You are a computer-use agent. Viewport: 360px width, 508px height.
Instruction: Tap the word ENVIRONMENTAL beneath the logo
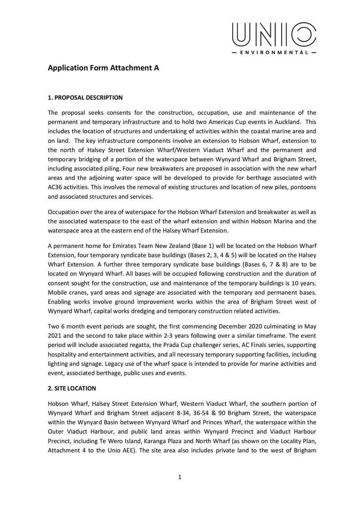pos(274,53)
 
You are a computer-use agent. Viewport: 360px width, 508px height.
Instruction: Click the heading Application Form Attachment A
pos(103,68)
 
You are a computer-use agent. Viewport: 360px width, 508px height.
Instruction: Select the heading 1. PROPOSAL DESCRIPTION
pos(85,97)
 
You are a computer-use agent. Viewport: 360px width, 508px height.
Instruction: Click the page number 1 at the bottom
pos(180,477)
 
